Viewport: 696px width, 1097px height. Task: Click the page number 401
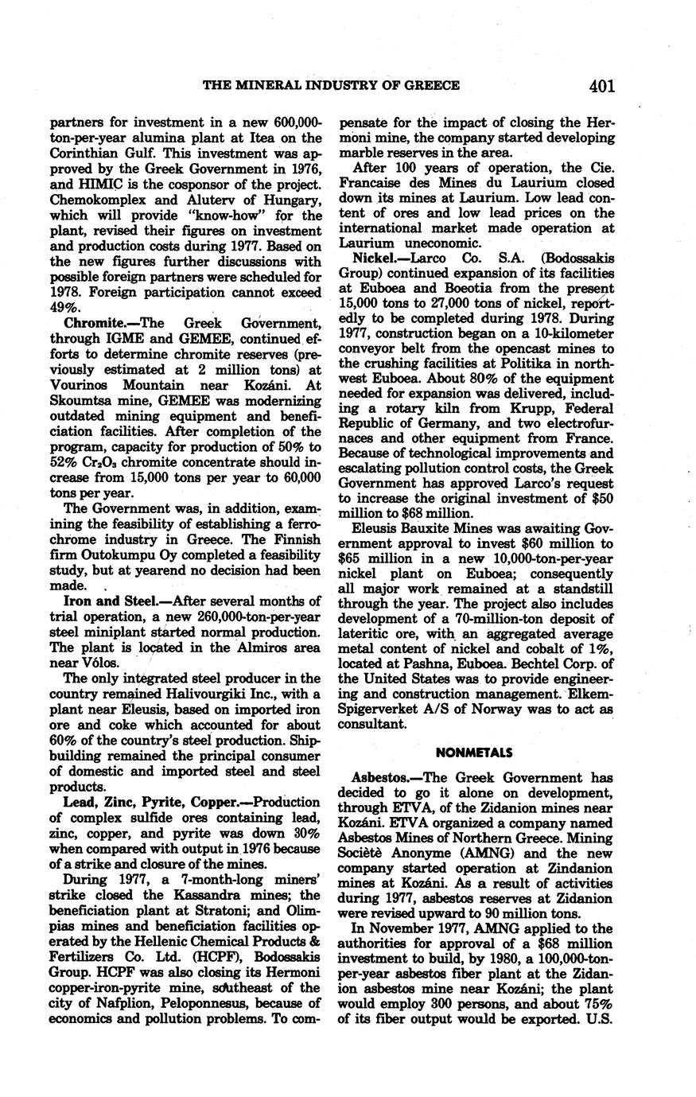pos(601,86)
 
